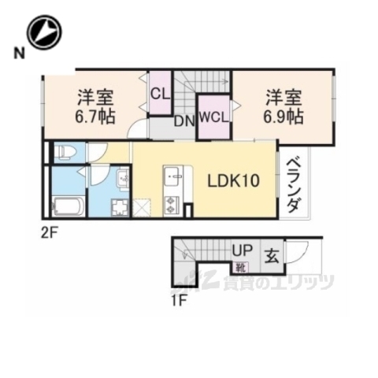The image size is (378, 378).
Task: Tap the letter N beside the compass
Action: (x=17, y=53)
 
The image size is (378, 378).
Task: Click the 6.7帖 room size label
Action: (x=96, y=116)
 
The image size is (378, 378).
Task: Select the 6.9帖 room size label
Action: (x=283, y=116)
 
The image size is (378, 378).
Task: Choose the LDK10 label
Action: (x=233, y=180)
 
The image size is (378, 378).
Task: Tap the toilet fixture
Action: (x=65, y=152)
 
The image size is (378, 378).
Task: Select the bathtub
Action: (x=68, y=206)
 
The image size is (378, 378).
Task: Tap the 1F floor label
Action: (x=180, y=298)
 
